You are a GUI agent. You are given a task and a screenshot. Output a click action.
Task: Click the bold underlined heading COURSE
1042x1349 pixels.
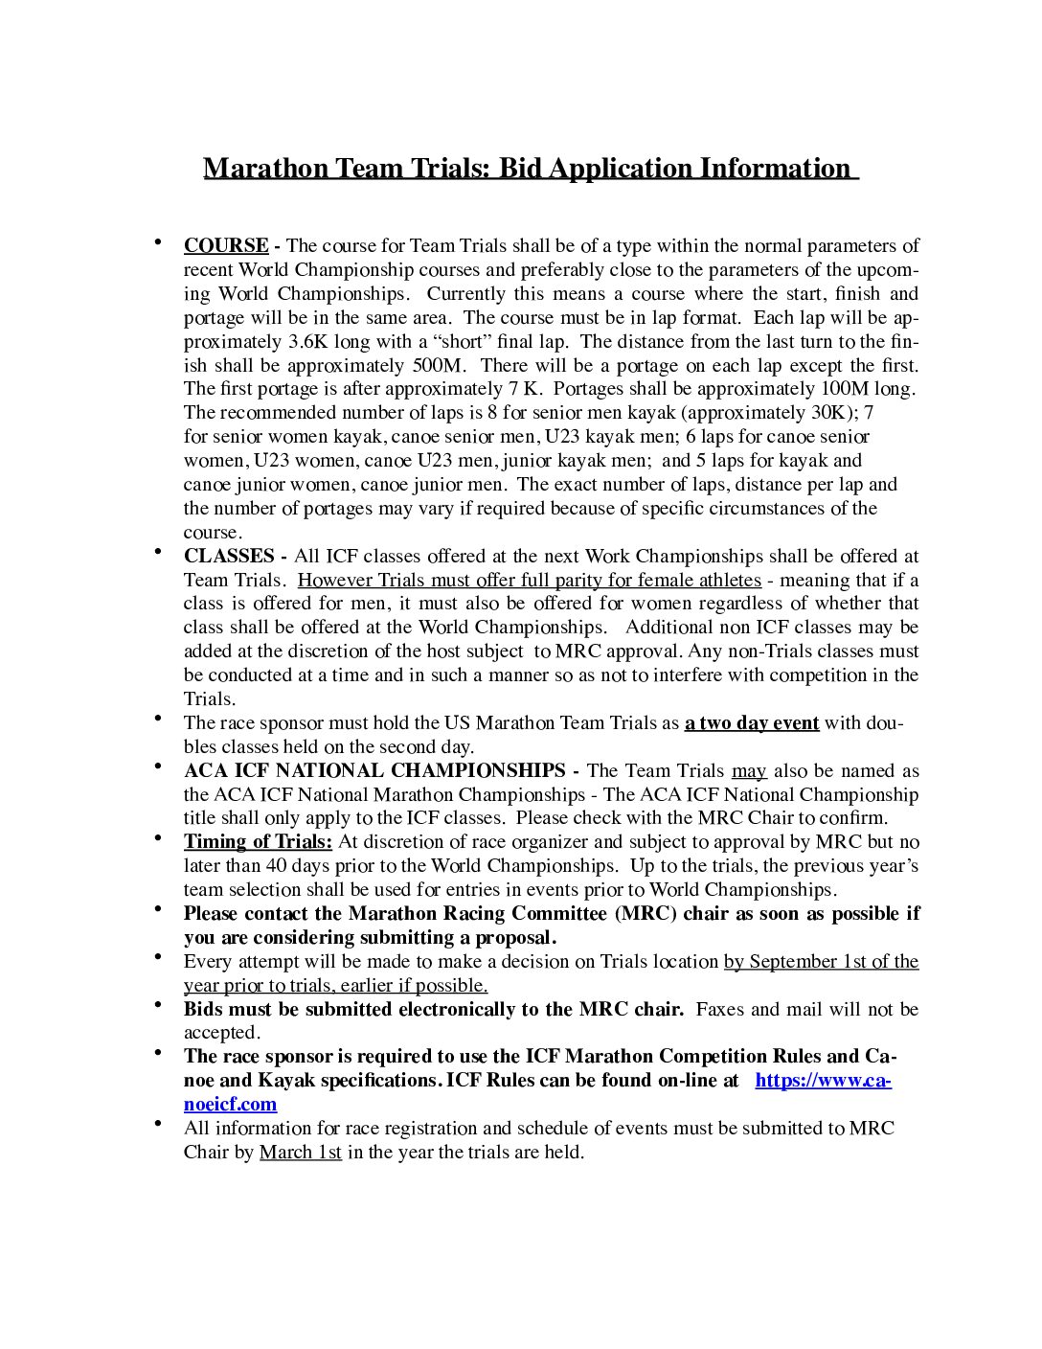(x=226, y=246)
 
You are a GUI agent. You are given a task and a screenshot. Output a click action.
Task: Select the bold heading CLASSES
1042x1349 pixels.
(x=229, y=557)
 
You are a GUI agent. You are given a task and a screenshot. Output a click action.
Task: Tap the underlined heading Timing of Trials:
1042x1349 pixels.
(x=258, y=842)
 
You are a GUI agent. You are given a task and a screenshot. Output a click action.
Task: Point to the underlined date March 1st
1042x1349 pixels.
(x=300, y=1153)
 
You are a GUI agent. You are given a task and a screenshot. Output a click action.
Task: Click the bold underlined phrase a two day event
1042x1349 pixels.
(x=752, y=723)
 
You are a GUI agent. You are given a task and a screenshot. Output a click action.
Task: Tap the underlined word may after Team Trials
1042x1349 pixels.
(x=749, y=771)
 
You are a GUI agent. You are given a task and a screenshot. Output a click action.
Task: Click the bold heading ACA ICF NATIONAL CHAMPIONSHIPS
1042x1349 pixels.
(x=374, y=771)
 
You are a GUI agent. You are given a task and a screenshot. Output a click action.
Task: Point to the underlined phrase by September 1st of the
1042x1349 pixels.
(x=821, y=962)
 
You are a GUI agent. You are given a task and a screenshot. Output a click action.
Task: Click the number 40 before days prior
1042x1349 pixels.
(x=276, y=866)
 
